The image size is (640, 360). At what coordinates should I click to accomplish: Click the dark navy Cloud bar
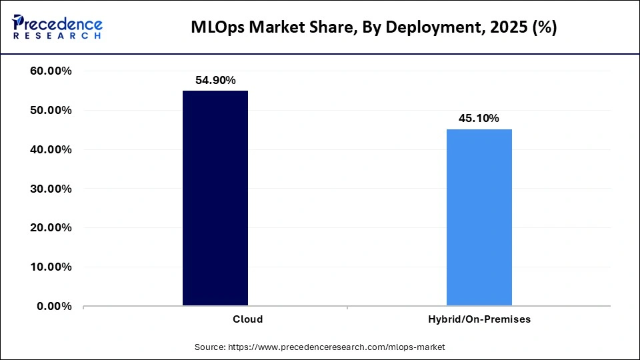215,198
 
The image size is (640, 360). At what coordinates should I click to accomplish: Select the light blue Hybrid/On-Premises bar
479,217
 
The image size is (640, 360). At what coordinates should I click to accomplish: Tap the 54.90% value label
215,80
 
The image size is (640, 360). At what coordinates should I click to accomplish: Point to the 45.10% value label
479,119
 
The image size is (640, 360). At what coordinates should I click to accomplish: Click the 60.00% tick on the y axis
51,71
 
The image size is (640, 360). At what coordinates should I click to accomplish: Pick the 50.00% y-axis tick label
51,111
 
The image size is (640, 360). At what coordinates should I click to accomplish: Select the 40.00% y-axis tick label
51,150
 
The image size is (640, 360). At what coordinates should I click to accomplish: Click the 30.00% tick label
51,189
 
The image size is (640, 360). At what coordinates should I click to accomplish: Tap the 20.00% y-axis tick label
51,228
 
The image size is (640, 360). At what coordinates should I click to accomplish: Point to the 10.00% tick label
51,267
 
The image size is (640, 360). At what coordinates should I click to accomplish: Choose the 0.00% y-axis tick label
55,306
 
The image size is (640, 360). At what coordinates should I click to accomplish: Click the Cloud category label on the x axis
247,319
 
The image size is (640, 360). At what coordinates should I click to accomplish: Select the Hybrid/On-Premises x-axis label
479,319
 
